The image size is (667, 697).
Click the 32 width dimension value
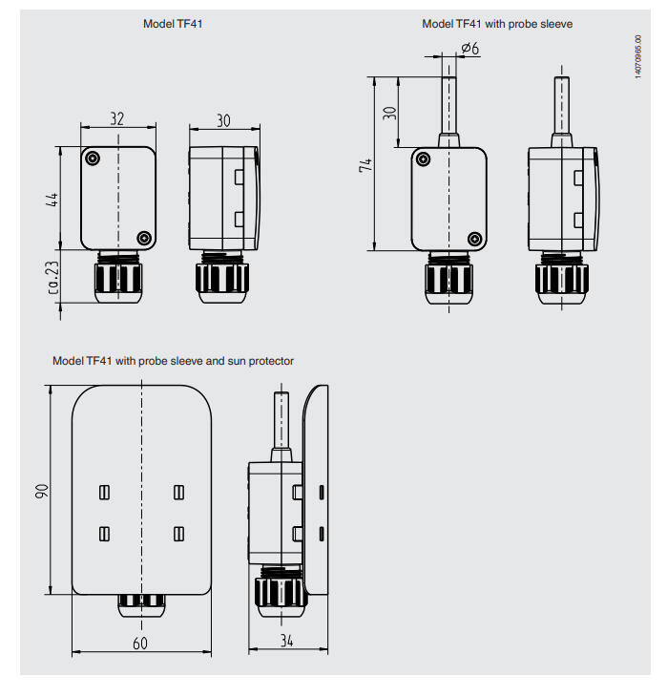[116, 118]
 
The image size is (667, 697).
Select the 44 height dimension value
[52, 200]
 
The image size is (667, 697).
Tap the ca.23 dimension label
[52, 278]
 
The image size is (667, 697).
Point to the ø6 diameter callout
[470, 48]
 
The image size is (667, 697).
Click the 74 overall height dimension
[365, 165]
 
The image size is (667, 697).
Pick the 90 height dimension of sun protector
[42, 491]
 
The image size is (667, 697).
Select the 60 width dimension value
[140, 644]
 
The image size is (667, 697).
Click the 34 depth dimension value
[286, 641]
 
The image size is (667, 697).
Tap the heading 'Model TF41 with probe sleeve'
[497, 24]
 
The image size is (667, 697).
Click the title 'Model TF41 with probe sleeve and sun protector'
[173, 361]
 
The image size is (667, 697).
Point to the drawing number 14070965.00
[638, 57]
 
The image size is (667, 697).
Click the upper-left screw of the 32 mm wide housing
[93, 158]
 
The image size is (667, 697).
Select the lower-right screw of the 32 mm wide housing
[144, 238]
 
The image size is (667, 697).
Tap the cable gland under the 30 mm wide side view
[221, 278]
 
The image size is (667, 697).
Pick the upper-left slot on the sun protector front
[104, 493]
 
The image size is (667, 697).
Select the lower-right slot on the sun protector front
[178, 534]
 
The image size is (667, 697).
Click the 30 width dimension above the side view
[223, 120]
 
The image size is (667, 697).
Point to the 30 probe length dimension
[389, 113]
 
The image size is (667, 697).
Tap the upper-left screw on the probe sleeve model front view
[424, 158]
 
